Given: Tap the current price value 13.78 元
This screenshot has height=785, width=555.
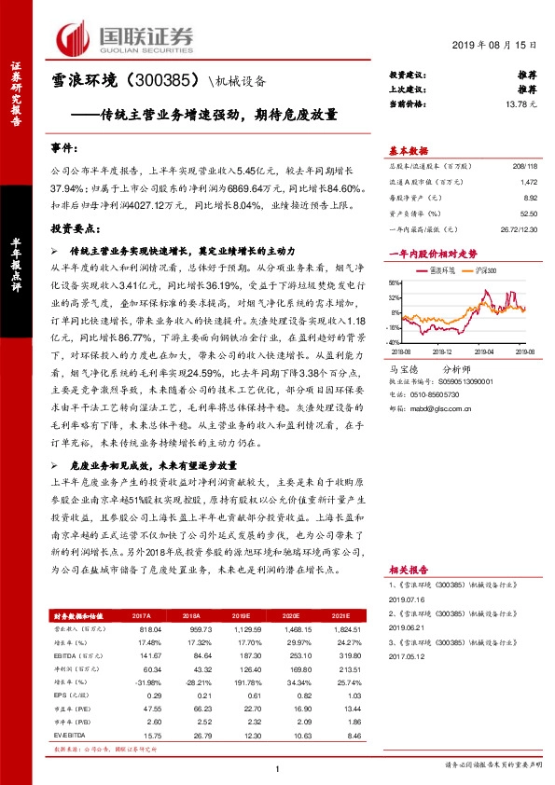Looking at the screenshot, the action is click(x=517, y=105).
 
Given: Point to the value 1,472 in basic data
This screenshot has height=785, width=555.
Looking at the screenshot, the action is click(x=528, y=185).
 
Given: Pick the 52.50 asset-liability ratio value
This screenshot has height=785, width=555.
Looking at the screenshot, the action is click(x=528, y=214).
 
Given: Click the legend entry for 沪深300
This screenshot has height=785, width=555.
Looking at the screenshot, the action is click(x=479, y=269).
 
